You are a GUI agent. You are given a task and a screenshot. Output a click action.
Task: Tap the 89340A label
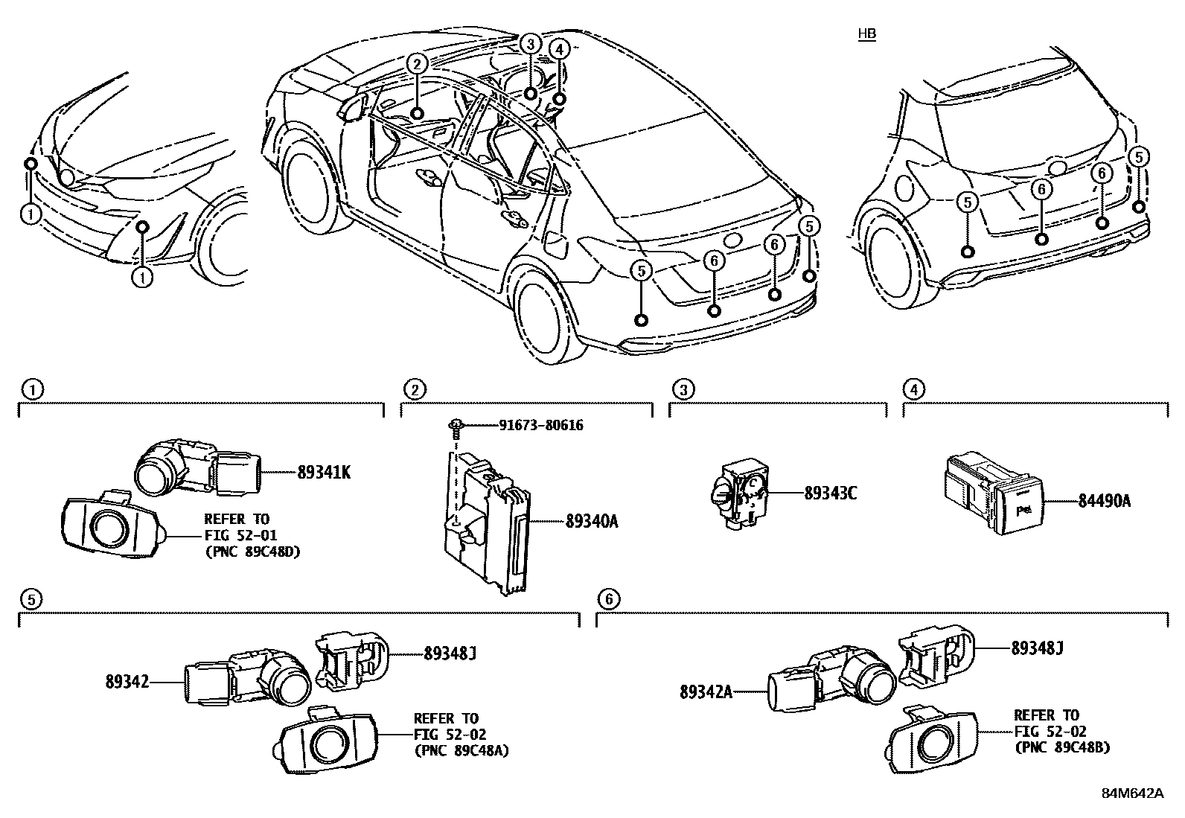click(x=592, y=522)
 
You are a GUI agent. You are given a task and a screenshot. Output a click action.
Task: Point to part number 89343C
click(x=830, y=493)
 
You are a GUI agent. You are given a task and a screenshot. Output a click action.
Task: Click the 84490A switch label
click(x=1104, y=502)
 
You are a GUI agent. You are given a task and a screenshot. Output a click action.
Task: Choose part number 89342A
click(x=706, y=692)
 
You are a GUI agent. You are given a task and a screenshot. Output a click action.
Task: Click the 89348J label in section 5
click(x=450, y=654)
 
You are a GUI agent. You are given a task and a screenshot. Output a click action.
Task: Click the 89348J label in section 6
click(x=1037, y=648)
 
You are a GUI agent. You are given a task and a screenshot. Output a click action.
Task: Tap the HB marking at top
click(x=866, y=34)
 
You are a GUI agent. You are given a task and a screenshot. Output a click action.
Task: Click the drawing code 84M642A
click(x=1132, y=793)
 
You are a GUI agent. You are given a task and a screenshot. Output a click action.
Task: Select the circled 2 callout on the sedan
click(x=417, y=65)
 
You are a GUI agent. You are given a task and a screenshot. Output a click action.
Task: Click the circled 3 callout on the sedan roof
click(x=529, y=44)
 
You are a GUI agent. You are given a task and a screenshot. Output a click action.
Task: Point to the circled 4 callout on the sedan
click(x=560, y=49)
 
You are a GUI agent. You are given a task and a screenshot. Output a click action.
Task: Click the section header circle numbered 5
click(x=30, y=598)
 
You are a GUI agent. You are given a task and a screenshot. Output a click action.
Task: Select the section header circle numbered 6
click(x=608, y=598)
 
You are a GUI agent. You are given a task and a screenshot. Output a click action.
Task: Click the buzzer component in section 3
click(x=736, y=494)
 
